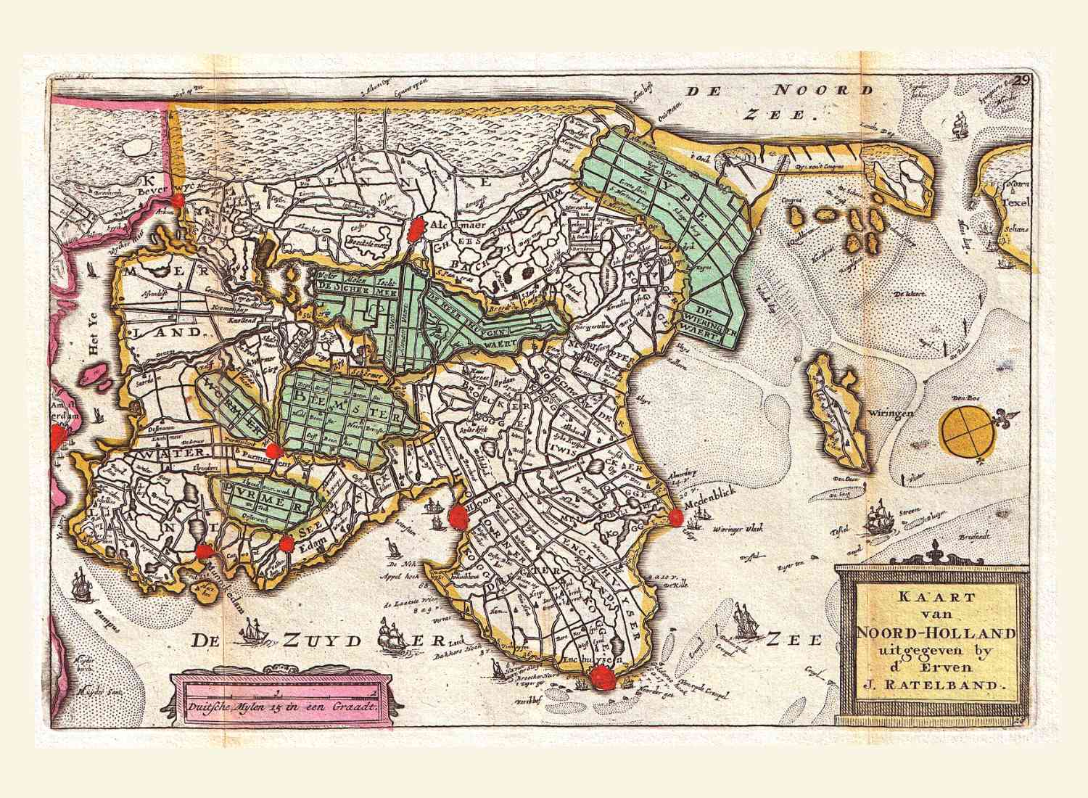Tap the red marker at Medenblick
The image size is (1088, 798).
[676, 517]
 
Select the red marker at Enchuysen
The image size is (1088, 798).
[601, 678]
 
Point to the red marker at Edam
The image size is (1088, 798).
[287, 543]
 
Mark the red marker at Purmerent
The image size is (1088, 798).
[273, 451]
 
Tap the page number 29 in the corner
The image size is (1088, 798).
[1023, 81]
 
